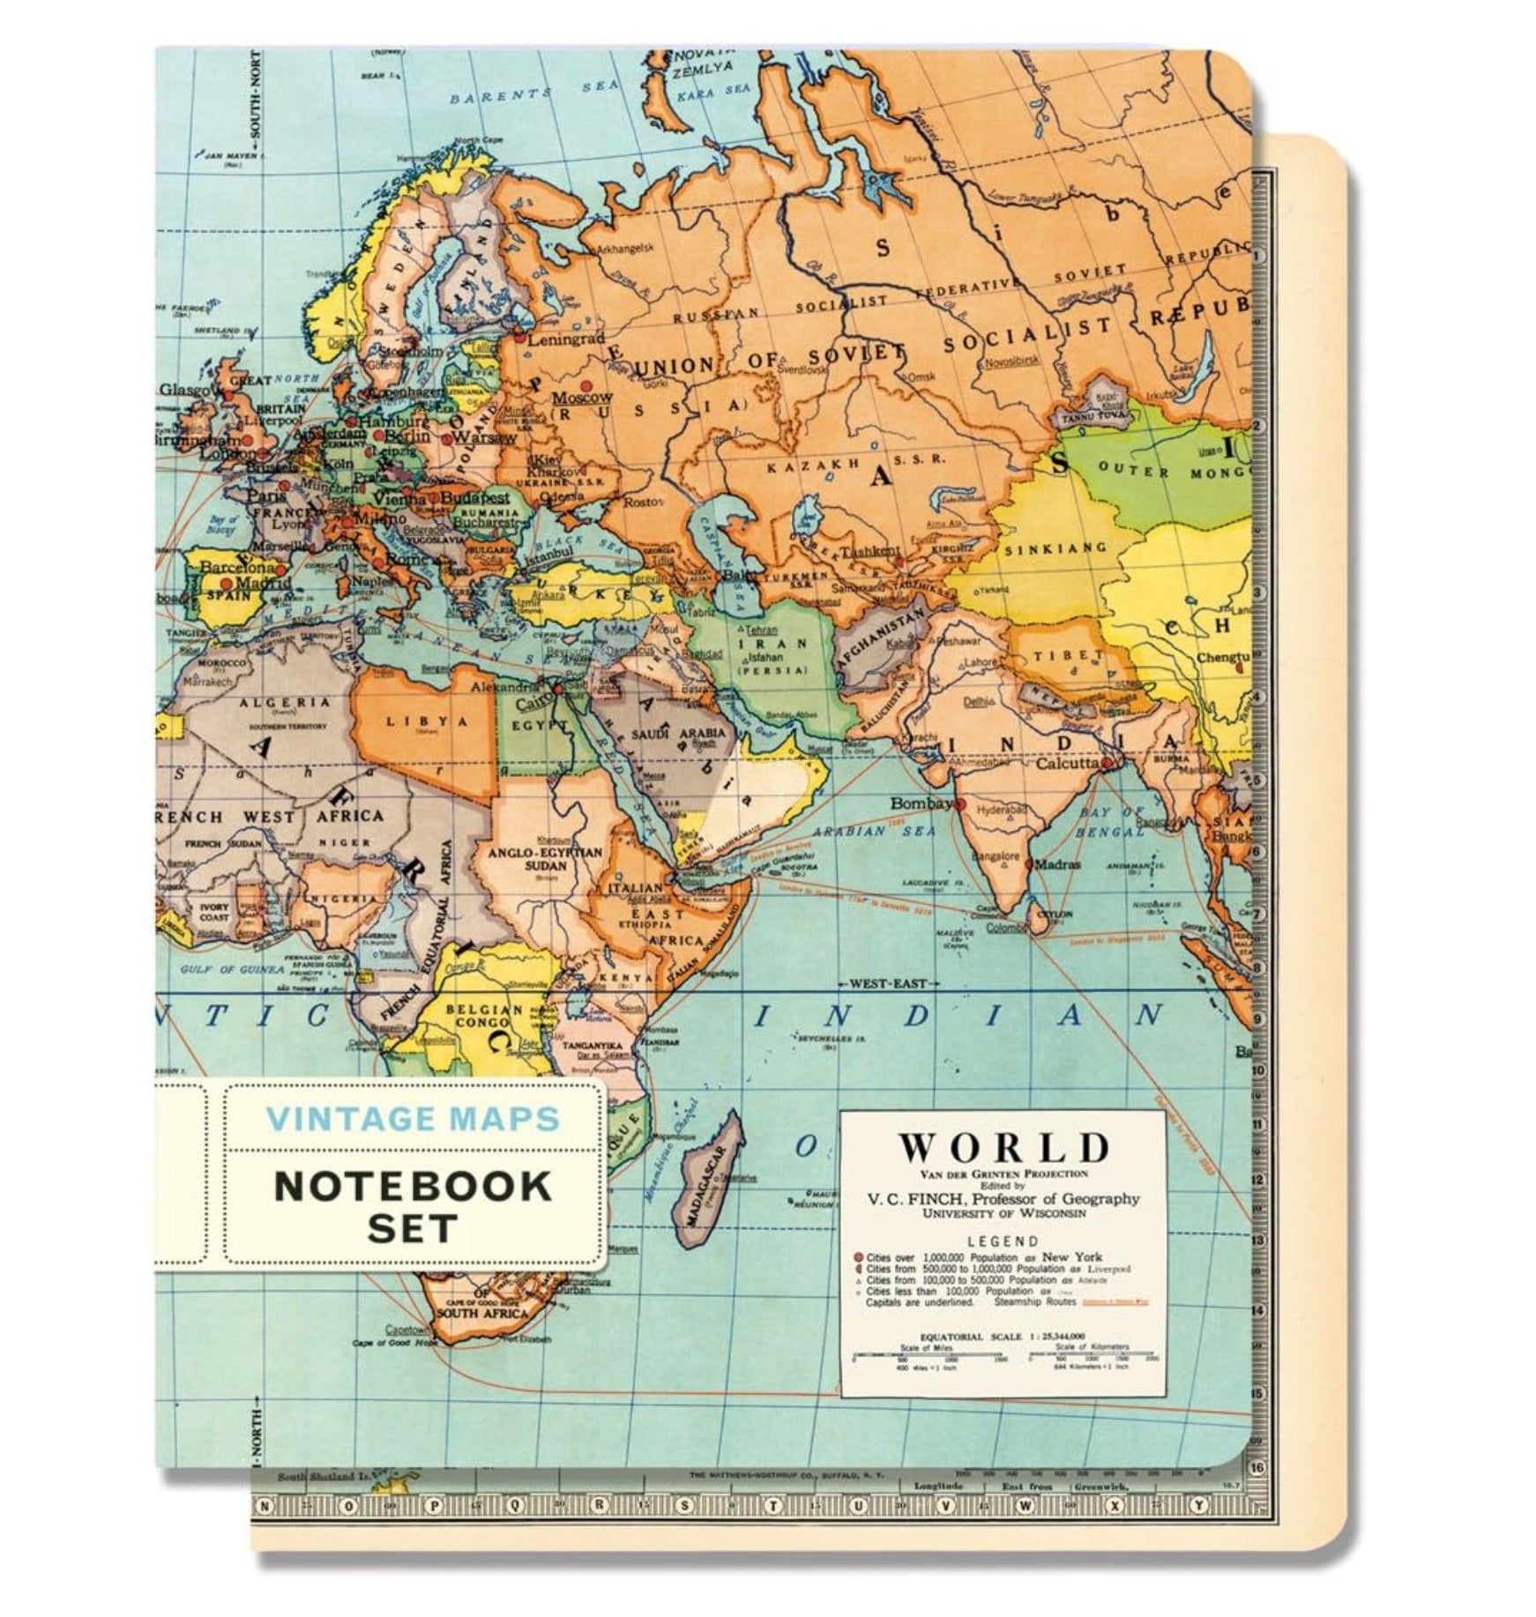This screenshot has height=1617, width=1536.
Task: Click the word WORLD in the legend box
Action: (x=1003, y=1147)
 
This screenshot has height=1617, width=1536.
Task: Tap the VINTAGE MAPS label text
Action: (x=413, y=1119)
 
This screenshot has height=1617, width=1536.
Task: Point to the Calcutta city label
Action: (x=1068, y=764)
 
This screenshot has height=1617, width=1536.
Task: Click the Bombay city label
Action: (x=921, y=803)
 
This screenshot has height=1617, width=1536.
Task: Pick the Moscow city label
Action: (x=582, y=398)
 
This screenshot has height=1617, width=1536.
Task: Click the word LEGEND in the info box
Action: (x=1003, y=1241)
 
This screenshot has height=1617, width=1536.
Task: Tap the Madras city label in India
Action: (x=1057, y=864)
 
